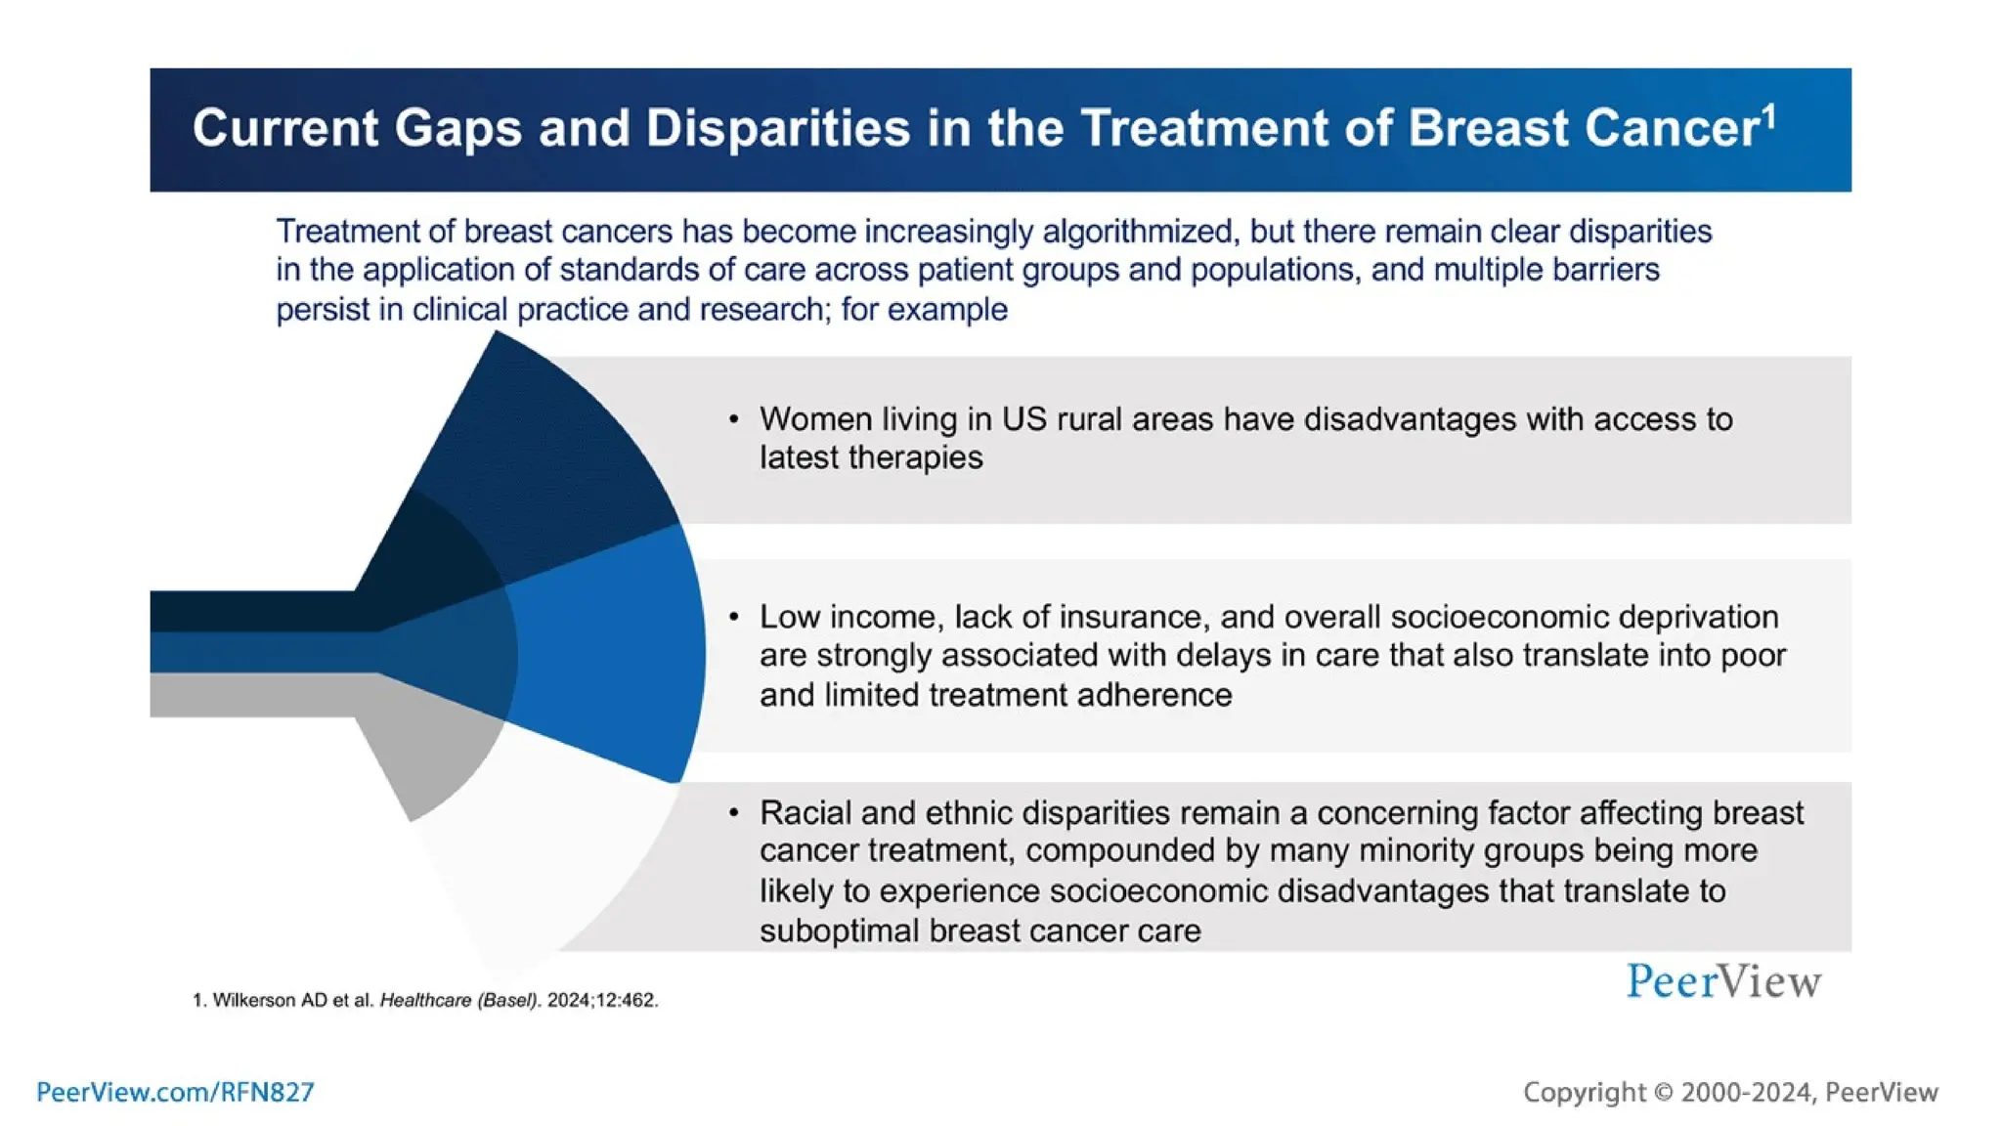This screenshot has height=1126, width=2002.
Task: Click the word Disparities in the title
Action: coord(777,128)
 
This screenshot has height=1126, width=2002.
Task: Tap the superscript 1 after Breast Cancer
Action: coord(1768,117)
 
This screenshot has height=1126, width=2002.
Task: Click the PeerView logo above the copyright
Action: coord(1723,981)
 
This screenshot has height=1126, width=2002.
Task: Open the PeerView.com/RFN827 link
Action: coord(175,1092)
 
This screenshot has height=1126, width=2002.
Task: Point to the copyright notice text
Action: coord(1730,1092)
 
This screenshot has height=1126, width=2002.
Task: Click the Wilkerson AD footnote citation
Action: coord(425,1000)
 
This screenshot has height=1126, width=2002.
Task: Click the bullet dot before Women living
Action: coord(733,420)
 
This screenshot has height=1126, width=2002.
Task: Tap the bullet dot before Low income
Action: coord(733,618)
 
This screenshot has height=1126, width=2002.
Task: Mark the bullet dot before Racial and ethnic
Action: coord(733,813)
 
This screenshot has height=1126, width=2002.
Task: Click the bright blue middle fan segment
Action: coord(616,655)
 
